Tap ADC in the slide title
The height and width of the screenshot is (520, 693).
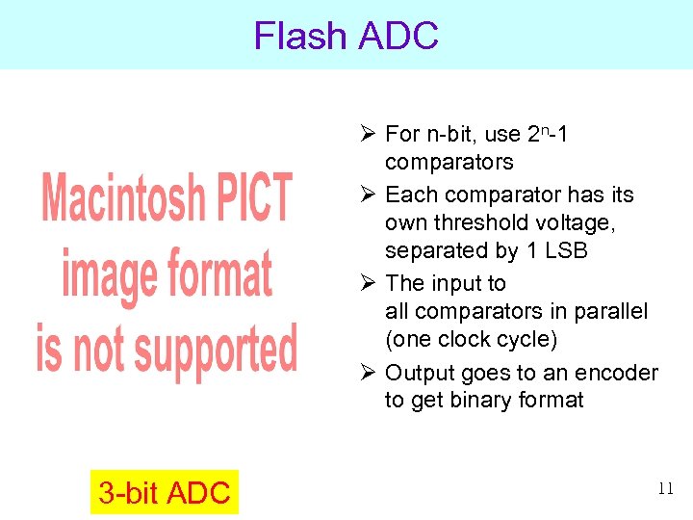pos(398,37)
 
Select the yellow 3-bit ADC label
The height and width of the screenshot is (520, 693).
pos(164,493)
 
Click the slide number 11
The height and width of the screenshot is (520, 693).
pos(665,488)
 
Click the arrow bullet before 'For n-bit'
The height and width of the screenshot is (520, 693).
pos(367,134)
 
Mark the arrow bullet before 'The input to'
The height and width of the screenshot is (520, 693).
pos(367,283)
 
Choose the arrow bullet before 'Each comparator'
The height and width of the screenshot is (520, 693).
pos(367,195)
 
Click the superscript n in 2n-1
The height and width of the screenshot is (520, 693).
pos(544,128)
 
